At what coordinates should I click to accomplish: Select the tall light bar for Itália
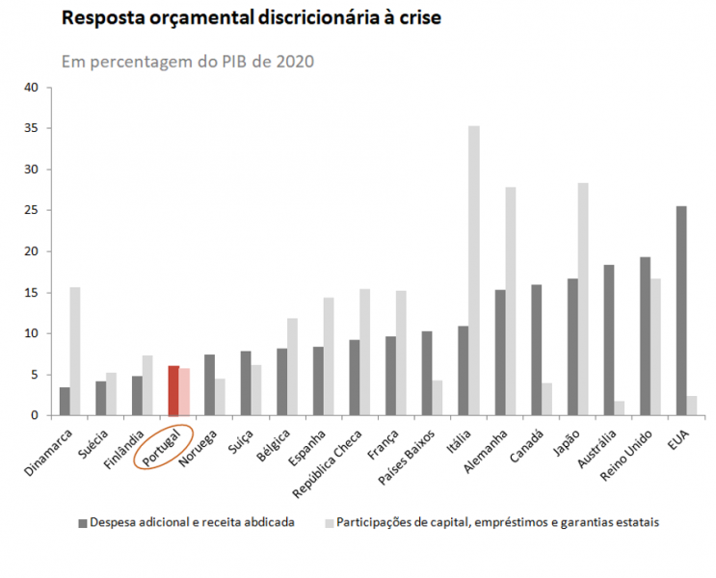pos(473,271)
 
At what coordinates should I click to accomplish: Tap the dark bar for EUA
pos(681,310)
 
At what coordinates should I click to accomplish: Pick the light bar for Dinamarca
pos(74,351)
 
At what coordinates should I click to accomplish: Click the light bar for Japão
pos(582,299)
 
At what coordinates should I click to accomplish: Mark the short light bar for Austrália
pos(619,407)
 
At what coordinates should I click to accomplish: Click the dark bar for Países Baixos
pos(427,373)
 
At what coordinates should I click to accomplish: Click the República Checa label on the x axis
pos(333,459)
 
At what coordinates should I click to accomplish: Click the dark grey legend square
pos(82,522)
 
